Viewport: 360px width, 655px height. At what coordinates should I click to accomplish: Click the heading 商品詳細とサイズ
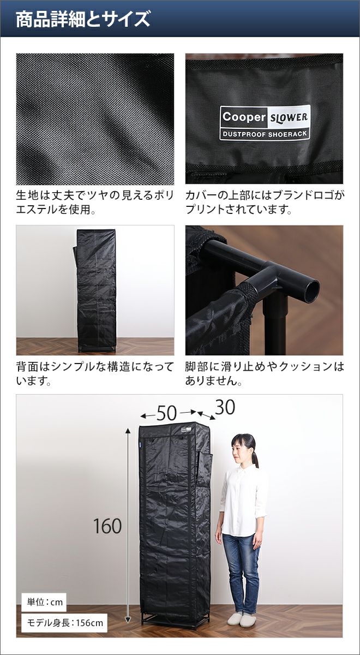[x=83, y=19]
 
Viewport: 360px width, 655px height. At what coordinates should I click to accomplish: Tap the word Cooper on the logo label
[x=244, y=117]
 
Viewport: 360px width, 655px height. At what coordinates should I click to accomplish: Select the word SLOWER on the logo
[x=289, y=117]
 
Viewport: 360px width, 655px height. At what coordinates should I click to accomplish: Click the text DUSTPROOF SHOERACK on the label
[x=265, y=134]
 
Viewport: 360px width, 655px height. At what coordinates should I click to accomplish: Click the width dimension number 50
[x=166, y=413]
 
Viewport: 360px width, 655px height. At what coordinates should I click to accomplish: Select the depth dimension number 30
[x=225, y=407]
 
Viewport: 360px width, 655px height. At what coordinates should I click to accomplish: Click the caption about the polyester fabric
[x=95, y=203]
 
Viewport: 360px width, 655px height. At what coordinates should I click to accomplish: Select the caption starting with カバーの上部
[x=265, y=203]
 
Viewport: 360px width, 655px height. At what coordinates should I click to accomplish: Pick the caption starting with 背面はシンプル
[x=95, y=374]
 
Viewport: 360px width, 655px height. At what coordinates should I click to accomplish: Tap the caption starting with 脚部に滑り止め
[x=265, y=374]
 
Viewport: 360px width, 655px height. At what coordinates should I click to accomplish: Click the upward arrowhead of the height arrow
[x=128, y=431]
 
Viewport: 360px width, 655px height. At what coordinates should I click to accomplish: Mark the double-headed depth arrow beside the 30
[x=207, y=415]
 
